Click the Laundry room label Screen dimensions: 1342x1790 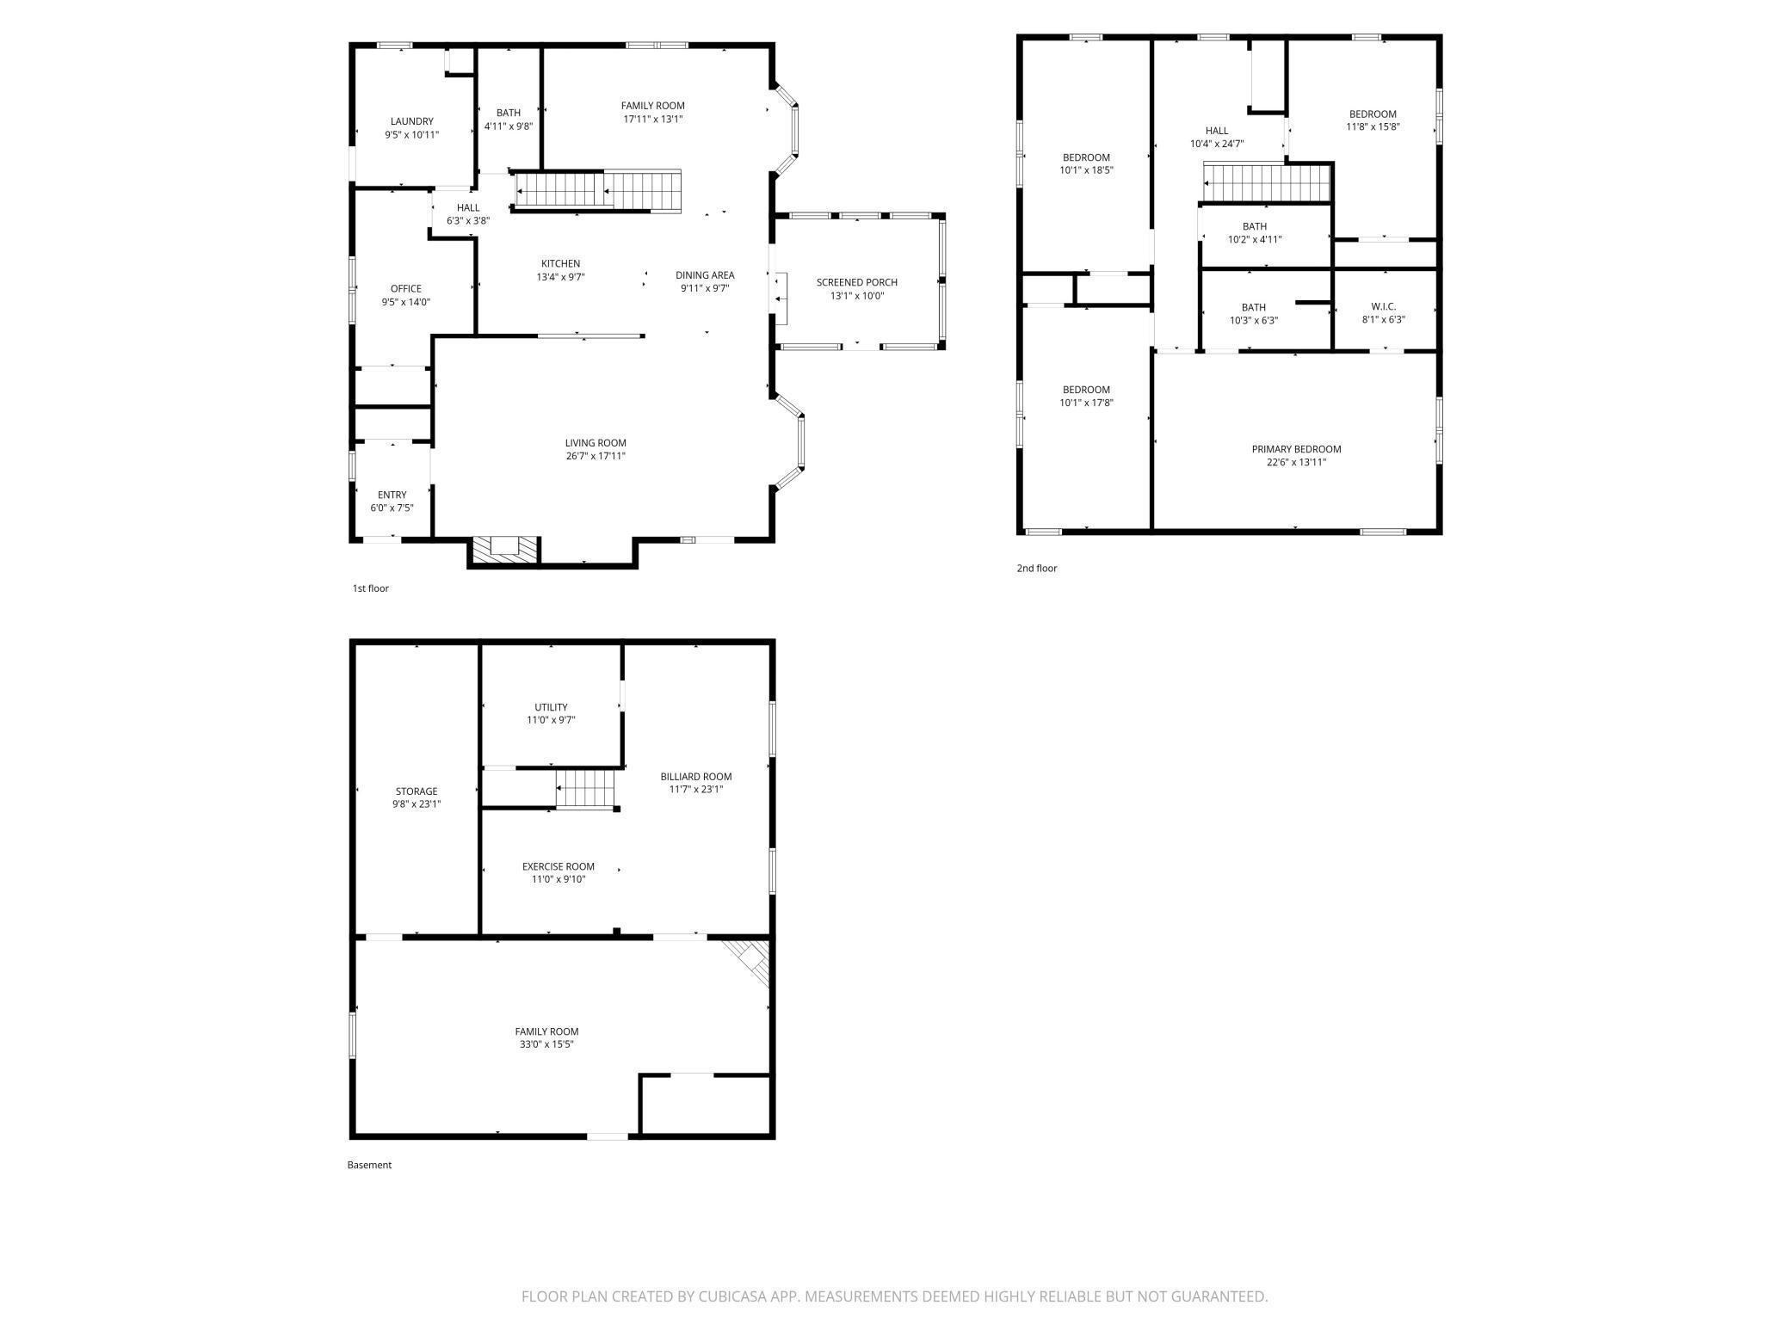point(411,121)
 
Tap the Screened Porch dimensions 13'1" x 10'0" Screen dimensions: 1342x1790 point(856,296)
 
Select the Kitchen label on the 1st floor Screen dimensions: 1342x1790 point(560,264)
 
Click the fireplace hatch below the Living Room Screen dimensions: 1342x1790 point(503,551)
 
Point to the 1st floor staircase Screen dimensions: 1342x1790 point(597,190)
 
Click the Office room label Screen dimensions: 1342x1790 point(406,289)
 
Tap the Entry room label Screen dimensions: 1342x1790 point(392,495)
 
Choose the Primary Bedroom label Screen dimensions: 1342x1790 point(1296,449)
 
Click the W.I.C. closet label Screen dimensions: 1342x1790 point(1384,307)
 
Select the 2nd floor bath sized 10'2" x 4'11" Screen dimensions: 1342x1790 point(1254,233)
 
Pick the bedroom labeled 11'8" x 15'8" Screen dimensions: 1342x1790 point(1373,120)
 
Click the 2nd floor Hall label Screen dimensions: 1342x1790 point(1216,132)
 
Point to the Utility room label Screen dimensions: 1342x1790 point(551,708)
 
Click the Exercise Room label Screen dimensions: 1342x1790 point(558,867)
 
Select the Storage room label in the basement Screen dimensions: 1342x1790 point(417,791)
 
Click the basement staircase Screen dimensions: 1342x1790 point(586,788)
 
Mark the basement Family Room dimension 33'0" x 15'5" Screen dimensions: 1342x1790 point(546,1044)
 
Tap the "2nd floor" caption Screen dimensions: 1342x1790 point(1037,569)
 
